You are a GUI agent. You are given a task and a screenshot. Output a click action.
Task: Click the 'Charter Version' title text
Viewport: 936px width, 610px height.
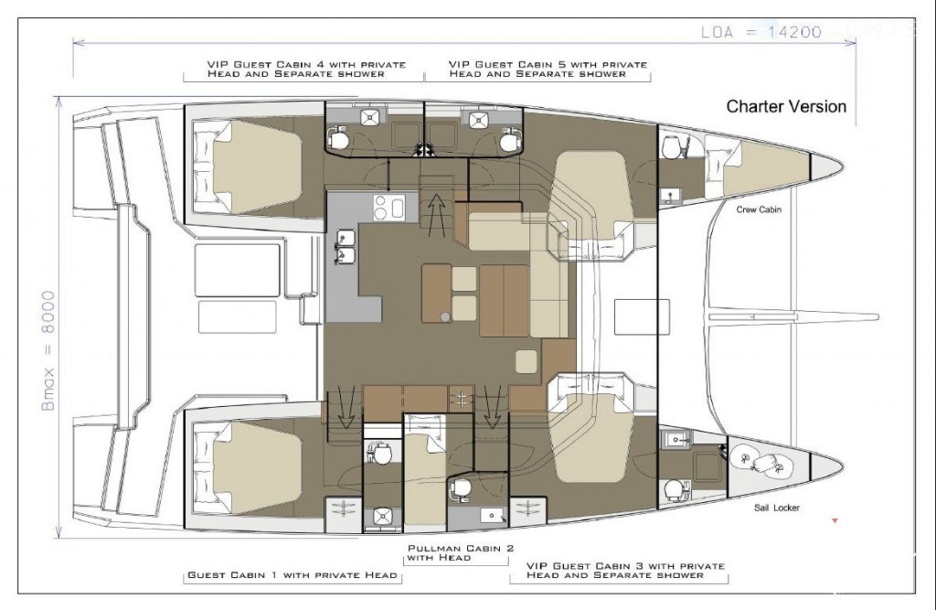[x=786, y=106]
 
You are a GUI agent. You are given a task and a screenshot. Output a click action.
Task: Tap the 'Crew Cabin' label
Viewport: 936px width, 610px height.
[x=758, y=209]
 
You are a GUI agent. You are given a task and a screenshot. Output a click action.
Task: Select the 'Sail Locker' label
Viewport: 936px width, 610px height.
[x=777, y=508]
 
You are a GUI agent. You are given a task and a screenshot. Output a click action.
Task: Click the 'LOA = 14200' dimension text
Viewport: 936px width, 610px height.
[x=761, y=32]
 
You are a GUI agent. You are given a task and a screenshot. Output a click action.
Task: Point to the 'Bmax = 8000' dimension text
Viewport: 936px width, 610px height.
[x=48, y=350]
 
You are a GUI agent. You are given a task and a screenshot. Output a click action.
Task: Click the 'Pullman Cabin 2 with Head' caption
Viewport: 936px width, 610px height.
[x=461, y=552]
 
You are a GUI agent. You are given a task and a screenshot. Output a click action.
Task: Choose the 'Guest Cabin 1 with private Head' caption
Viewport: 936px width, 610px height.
[x=292, y=574]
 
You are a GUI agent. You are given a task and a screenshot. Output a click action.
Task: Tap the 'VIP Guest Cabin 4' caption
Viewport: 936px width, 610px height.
[x=306, y=69]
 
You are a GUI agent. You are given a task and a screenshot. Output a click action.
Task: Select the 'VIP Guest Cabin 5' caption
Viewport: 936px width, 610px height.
[x=548, y=69]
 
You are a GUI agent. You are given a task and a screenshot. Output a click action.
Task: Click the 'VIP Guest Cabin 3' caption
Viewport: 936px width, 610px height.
[x=625, y=570]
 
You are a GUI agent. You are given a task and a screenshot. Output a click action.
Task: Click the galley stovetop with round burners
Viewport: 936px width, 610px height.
[x=388, y=208]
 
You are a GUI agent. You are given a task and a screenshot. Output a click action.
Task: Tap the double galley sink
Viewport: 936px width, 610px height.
[x=346, y=247]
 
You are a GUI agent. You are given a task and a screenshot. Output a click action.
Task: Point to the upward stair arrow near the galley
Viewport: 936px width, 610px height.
[x=437, y=215]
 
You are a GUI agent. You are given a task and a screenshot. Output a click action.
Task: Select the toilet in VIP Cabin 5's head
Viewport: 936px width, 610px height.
[x=509, y=141]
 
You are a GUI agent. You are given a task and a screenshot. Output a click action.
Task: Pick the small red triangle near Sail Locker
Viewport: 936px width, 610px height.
[x=835, y=521]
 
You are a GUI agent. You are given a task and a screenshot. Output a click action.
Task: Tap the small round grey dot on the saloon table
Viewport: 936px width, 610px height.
[x=445, y=316]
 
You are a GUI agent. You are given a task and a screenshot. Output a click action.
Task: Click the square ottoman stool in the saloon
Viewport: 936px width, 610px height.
[x=526, y=361]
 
